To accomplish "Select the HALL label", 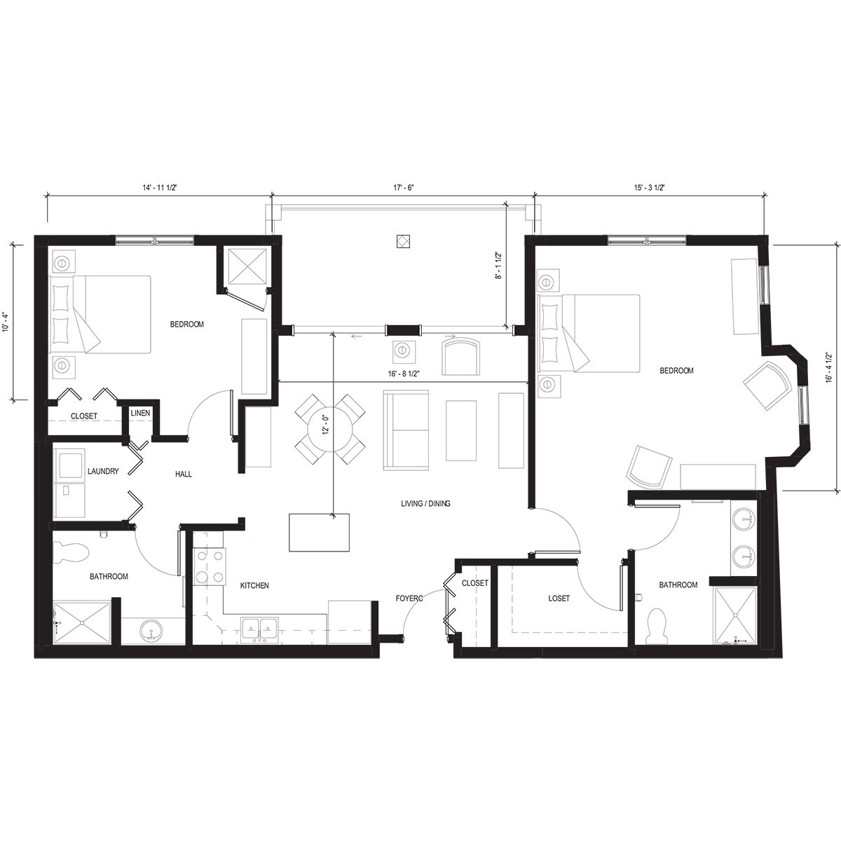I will pyautogui.click(x=184, y=474).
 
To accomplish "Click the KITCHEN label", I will pyautogui.click(x=254, y=585).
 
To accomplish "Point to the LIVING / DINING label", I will pyautogui.click(x=425, y=503).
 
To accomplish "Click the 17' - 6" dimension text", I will pyautogui.click(x=404, y=187).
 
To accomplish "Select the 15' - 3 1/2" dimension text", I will pyautogui.click(x=649, y=187).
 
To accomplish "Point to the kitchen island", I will pyautogui.click(x=319, y=533).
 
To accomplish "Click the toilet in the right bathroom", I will pyautogui.click(x=657, y=626).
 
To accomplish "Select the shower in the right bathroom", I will pyautogui.click(x=735, y=615).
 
